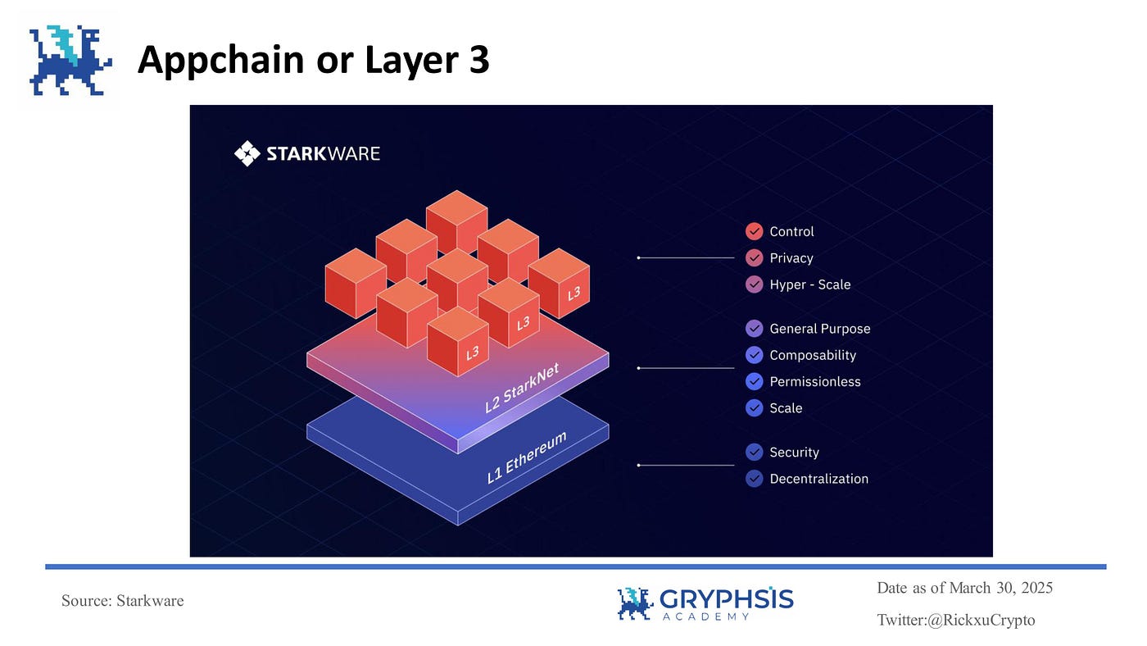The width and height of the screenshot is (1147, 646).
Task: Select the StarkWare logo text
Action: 308,153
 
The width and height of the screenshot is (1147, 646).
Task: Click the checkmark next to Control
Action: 755,231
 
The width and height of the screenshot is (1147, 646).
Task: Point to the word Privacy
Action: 791,258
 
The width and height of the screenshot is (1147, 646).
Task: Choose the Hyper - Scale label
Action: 809,284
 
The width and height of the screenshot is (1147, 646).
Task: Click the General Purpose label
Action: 819,329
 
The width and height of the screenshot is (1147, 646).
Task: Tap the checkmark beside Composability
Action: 755,355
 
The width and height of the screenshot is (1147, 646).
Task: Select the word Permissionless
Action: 814,382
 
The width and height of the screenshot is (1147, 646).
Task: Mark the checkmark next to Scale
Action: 755,408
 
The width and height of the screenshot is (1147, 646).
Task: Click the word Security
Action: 794,453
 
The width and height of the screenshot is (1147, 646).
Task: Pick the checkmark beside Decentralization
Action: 755,479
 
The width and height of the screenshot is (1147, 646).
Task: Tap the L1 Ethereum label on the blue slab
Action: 526,457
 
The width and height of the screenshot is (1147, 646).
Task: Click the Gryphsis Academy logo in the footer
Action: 705,603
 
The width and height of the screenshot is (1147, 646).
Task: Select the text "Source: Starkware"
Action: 123,601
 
